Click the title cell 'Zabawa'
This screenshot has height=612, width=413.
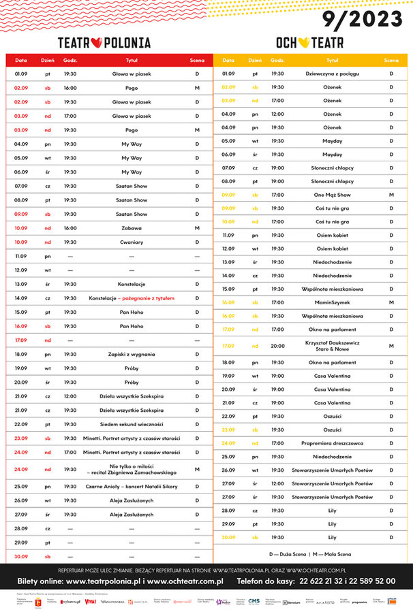(x=132, y=228)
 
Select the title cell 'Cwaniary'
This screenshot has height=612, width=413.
(x=132, y=242)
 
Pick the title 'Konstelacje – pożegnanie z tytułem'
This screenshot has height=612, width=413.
(x=132, y=298)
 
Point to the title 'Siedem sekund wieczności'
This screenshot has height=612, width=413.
(x=132, y=424)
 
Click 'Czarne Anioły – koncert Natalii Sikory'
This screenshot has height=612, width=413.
(x=132, y=486)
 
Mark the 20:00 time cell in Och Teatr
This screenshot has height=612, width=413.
(x=277, y=346)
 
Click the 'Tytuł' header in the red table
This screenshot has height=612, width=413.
(x=132, y=61)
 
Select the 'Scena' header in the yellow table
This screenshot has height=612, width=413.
(x=391, y=61)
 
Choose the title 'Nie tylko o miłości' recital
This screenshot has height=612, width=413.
(x=132, y=469)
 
